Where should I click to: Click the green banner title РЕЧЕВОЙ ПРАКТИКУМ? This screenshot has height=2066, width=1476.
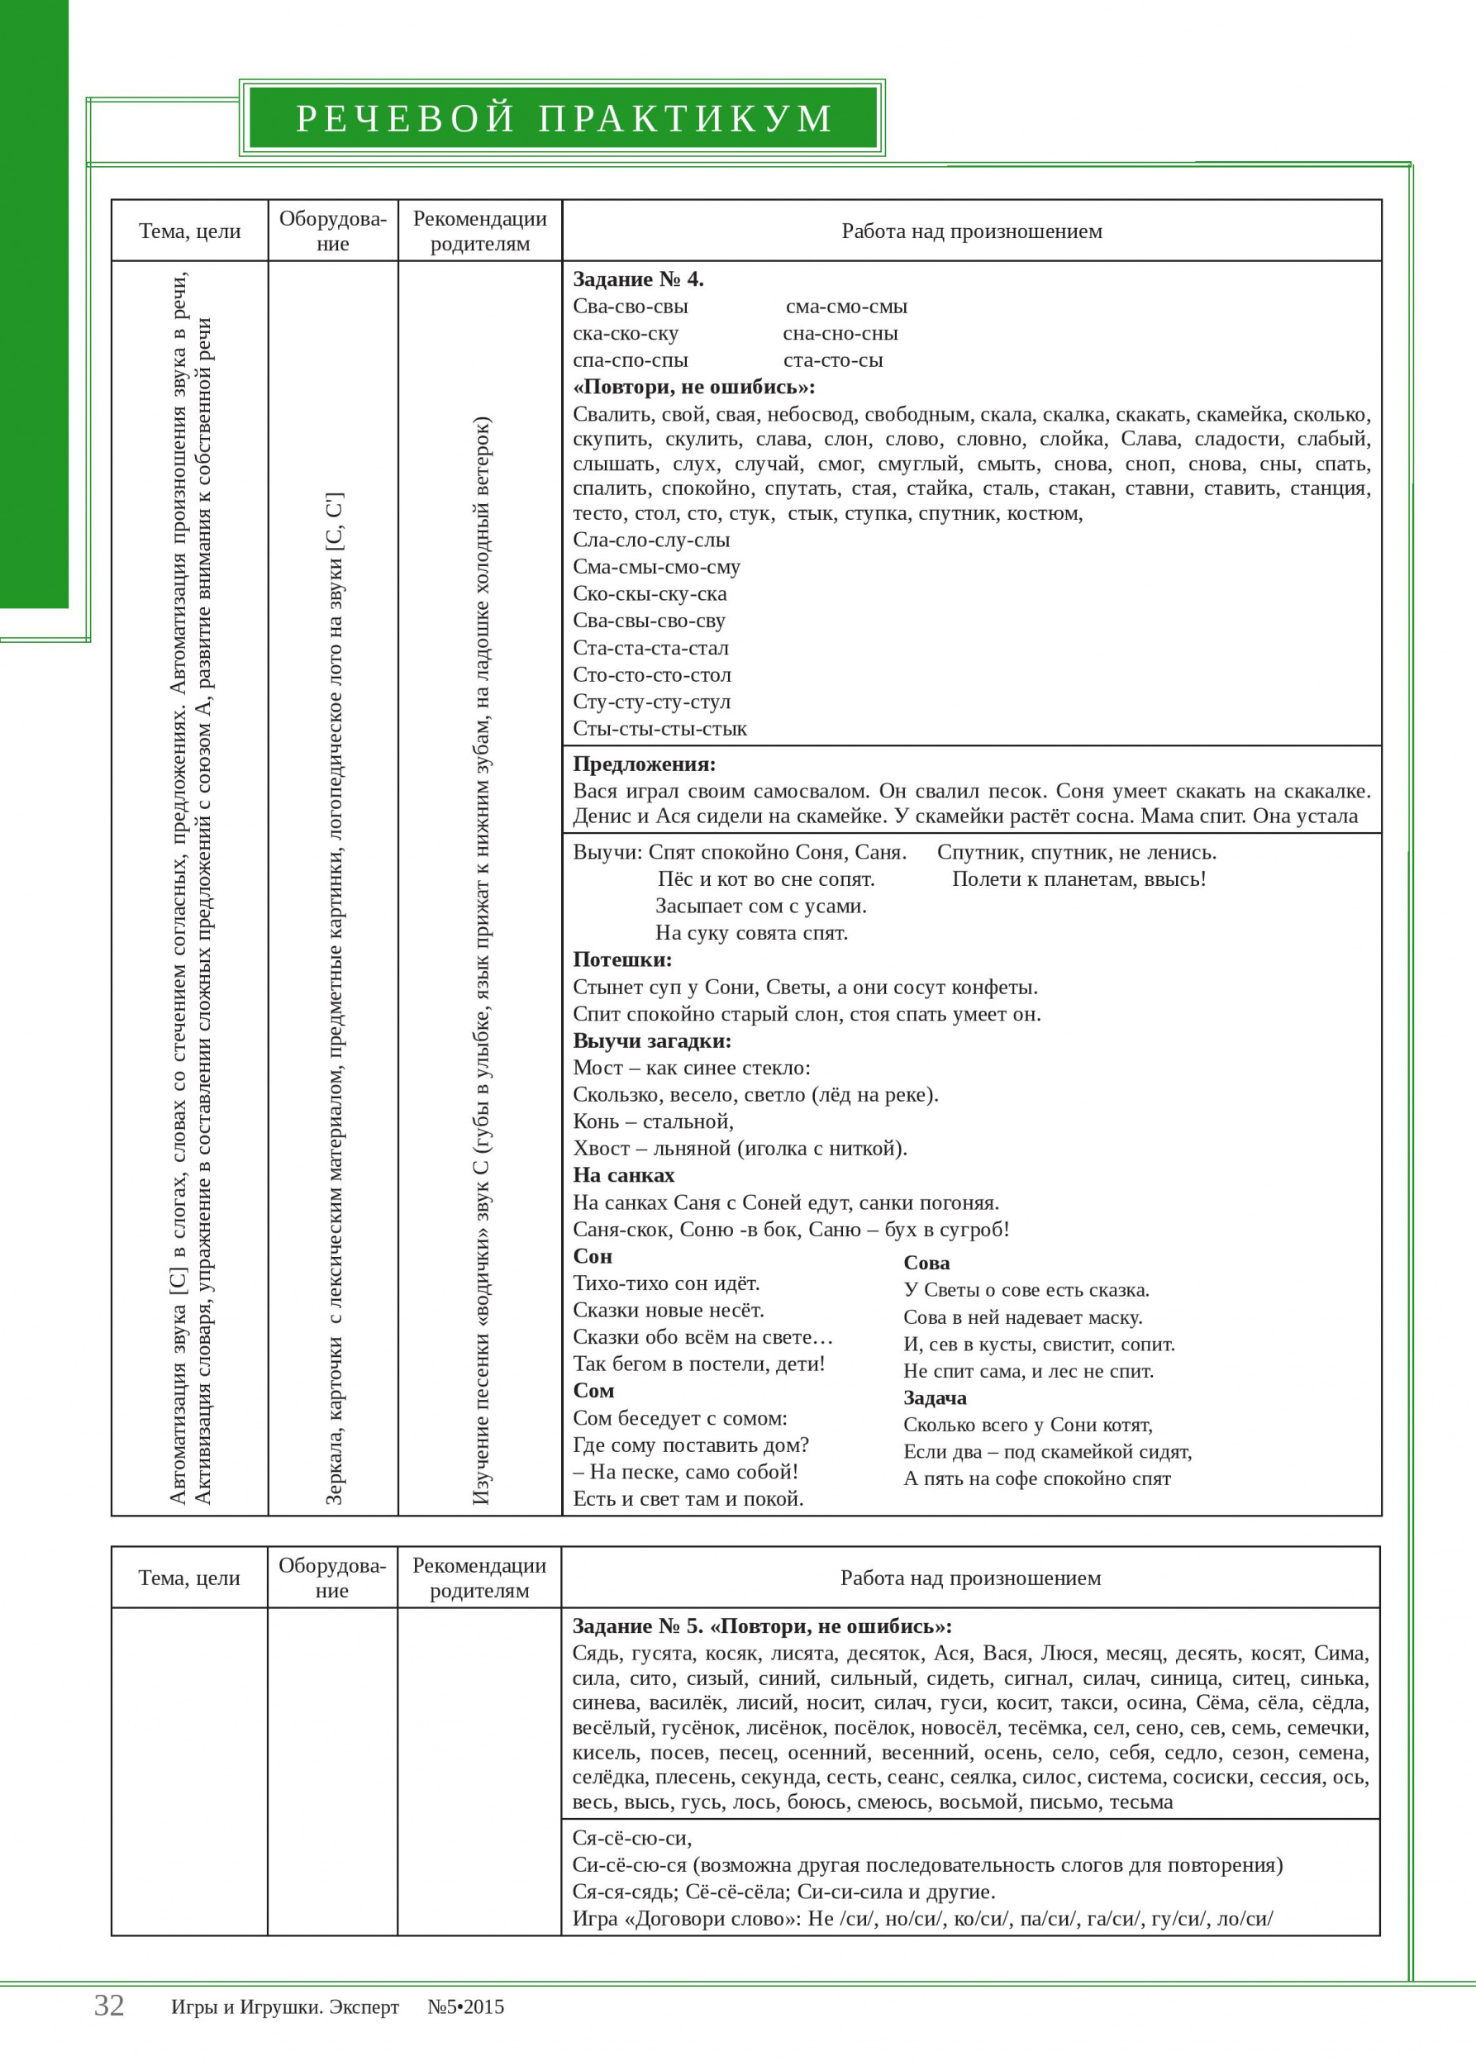click(x=564, y=118)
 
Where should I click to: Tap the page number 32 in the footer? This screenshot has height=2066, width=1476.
click(x=109, y=2005)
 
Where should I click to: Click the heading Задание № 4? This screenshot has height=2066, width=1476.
click(x=638, y=279)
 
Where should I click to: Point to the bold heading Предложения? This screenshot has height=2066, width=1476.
click(x=645, y=764)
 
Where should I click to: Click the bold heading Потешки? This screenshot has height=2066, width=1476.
click(x=622, y=959)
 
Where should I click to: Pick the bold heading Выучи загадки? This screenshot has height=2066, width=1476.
click(x=652, y=1040)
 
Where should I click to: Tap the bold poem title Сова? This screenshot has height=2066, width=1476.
click(x=926, y=1263)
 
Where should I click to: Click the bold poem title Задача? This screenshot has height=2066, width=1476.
click(x=935, y=1398)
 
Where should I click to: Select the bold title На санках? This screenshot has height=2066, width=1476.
click(x=623, y=1175)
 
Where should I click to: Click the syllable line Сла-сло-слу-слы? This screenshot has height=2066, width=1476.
click(x=650, y=540)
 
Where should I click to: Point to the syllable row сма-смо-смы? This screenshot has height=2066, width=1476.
click(x=846, y=307)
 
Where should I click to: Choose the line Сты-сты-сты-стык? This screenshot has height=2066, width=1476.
click(x=659, y=729)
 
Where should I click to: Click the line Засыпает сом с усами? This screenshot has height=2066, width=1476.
click(x=760, y=907)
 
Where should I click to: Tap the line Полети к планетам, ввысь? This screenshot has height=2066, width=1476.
click(x=1078, y=879)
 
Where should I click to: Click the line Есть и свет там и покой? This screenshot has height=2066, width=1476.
click(x=688, y=1499)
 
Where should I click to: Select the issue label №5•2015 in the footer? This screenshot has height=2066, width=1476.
click(x=465, y=2007)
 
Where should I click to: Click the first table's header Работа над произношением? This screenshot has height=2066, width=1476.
click(x=972, y=231)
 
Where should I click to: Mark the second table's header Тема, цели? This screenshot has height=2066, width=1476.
click(x=189, y=1578)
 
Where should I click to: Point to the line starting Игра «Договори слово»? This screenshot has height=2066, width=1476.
click(x=922, y=1919)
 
